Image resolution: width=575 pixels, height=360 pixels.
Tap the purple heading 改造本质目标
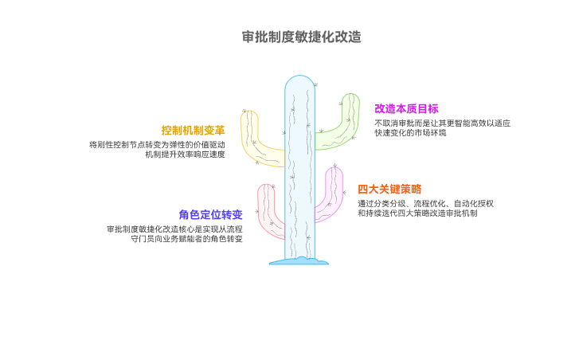(406, 109)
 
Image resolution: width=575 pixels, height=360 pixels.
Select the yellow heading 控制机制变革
(194, 130)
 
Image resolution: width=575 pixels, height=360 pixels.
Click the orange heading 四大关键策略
(389, 189)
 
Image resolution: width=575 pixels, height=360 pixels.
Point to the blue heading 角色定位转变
(210, 214)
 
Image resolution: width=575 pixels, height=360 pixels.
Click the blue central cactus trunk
(299, 175)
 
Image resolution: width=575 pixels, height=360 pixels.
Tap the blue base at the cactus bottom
(299, 260)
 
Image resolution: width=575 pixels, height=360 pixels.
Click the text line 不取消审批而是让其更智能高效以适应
(442, 123)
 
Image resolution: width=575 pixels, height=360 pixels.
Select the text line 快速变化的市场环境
(410, 133)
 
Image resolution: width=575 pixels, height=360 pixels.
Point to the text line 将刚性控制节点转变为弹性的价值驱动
(157, 145)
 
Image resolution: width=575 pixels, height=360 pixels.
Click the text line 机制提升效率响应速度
(185, 155)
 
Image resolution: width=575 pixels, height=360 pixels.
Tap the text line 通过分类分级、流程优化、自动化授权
(425, 204)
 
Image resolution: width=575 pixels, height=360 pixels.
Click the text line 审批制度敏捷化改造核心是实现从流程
(174, 229)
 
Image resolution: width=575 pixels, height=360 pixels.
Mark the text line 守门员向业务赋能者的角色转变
(186, 239)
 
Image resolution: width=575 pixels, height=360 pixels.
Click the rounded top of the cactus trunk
(299, 80)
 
